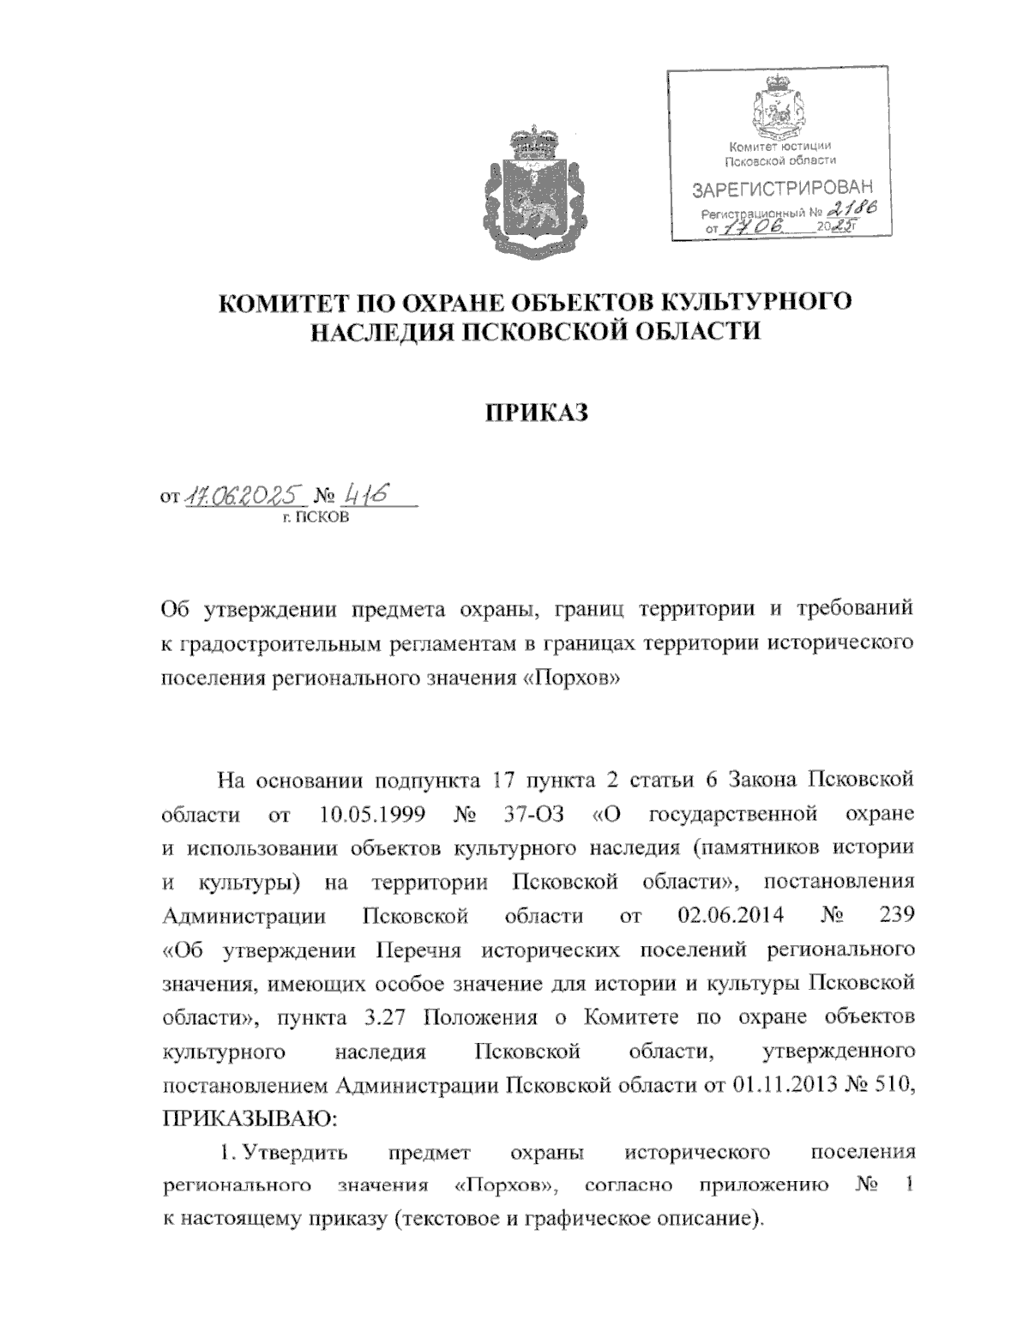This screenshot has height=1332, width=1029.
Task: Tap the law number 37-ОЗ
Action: (532, 812)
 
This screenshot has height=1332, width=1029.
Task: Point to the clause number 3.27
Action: (375, 1018)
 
